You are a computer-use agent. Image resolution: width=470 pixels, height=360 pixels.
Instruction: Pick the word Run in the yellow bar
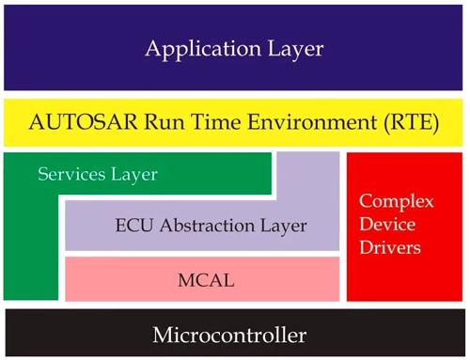(x=152, y=122)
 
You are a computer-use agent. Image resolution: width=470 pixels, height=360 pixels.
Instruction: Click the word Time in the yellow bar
(x=204, y=122)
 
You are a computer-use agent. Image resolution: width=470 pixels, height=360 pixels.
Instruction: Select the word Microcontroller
(x=234, y=334)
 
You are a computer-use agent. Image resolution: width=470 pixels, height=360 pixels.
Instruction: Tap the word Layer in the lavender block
(x=285, y=227)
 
